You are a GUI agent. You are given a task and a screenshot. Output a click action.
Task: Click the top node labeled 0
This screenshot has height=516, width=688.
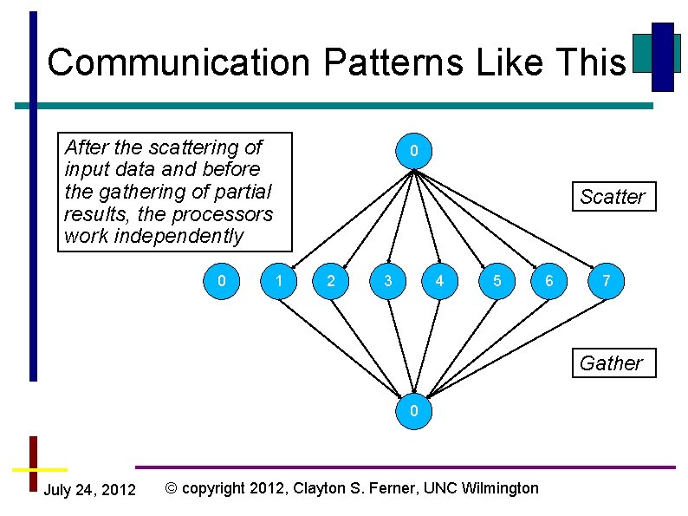click(x=414, y=152)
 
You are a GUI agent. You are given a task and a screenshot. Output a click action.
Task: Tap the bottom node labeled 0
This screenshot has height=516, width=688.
click(x=414, y=410)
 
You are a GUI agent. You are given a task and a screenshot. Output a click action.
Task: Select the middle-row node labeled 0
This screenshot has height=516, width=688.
click(x=223, y=280)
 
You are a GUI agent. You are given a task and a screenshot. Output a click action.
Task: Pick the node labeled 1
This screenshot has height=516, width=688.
click(x=278, y=280)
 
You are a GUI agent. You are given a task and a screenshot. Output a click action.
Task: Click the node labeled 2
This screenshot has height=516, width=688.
click(x=331, y=280)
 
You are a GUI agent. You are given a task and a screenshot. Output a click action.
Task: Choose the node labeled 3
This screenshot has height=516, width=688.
click(x=387, y=280)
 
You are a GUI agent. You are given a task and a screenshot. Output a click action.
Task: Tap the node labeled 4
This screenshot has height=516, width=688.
click(x=440, y=280)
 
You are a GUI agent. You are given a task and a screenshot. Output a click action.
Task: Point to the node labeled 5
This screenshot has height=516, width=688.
click(x=497, y=280)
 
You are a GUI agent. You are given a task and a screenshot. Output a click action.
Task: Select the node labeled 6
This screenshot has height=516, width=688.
click(x=548, y=280)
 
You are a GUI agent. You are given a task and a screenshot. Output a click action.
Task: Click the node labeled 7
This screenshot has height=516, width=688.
click(x=606, y=280)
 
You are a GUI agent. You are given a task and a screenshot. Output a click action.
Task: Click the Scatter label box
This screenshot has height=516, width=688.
click(x=613, y=197)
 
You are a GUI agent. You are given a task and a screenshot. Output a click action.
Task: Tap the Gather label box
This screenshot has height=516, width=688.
click(x=612, y=363)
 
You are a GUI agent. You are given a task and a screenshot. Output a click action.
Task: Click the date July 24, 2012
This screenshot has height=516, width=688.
click(x=89, y=490)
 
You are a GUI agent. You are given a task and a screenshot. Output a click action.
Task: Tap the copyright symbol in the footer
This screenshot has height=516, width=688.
click(x=171, y=488)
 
